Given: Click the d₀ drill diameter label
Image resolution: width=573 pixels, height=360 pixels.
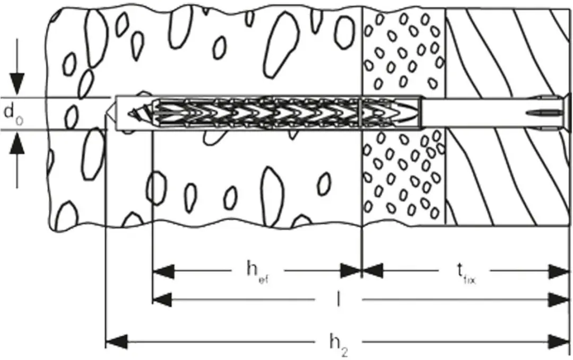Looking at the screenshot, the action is click(x=13, y=115).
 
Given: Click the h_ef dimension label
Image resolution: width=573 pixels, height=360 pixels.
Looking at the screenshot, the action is click(x=258, y=273).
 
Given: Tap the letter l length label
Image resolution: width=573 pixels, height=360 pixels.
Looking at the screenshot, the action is click(x=338, y=300).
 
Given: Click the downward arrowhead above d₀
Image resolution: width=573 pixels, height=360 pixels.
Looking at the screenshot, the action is click(x=17, y=84).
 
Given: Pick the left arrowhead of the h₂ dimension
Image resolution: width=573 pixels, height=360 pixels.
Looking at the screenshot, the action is click(x=117, y=342).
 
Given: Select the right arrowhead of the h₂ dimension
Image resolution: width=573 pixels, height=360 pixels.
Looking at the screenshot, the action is click(x=559, y=342).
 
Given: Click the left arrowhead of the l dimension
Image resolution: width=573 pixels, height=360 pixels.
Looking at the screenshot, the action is click(x=163, y=300).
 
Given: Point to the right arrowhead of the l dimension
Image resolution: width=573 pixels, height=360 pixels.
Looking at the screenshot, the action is click(x=559, y=300).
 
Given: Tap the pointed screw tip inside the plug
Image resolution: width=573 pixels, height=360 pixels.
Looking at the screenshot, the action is click(x=137, y=113).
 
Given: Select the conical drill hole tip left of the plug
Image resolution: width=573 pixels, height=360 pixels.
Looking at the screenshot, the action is click(x=111, y=113).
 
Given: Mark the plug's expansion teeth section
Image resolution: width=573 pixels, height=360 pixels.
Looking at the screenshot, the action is click(x=256, y=113).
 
